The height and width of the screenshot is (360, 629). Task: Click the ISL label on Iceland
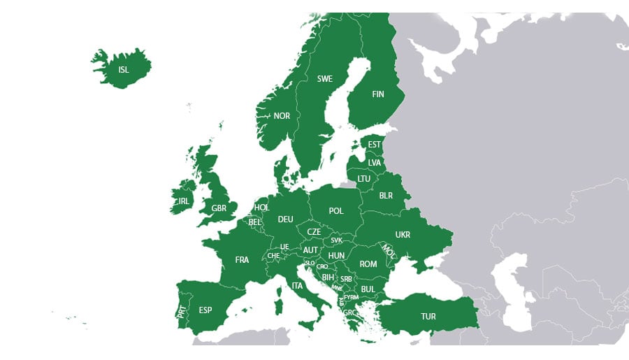pos(124,70)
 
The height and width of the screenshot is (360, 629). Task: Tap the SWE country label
pos(325,79)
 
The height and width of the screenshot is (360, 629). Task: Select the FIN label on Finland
pos(378,94)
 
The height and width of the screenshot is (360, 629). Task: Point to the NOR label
pos(282,116)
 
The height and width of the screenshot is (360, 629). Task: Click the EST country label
pos(375,145)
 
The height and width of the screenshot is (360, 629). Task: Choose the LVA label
pos(375,163)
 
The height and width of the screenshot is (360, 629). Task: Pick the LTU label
pos(364,179)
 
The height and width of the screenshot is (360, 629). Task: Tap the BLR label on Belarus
pos(386,196)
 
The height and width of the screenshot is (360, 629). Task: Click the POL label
pos(336,211)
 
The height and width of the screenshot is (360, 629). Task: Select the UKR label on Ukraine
pos(403,235)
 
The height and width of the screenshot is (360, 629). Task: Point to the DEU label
pos(285,219)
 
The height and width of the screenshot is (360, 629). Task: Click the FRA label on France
pos(242,260)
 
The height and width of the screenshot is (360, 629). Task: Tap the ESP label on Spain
pos(205,310)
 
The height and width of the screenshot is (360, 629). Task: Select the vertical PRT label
pos(182,310)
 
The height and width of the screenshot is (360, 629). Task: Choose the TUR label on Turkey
pos(428,317)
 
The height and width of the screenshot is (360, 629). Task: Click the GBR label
pos(219,208)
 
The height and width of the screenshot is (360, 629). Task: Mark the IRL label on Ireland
pos(183,201)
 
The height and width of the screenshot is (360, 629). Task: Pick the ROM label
pos(368,264)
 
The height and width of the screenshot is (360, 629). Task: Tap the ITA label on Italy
pos(298,286)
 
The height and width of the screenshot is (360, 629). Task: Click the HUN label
pos(336,256)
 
